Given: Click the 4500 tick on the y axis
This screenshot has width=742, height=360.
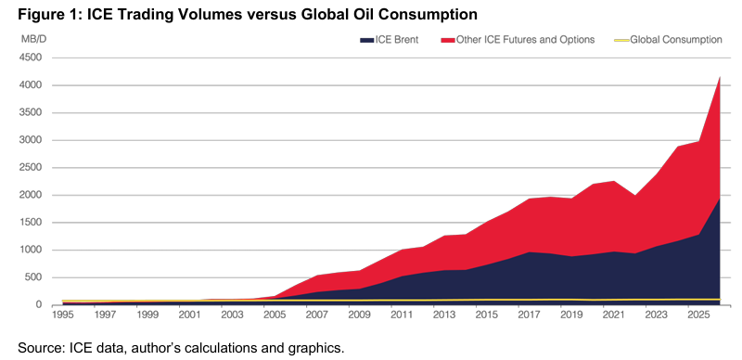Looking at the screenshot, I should click(x=31, y=58).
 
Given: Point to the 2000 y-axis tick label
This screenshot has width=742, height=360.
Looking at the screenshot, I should click(x=31, y=195).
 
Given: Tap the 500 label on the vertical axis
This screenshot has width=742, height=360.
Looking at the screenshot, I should click(x=33, y=277).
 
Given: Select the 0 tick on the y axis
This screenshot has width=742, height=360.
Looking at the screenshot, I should click(x=39, y=305).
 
